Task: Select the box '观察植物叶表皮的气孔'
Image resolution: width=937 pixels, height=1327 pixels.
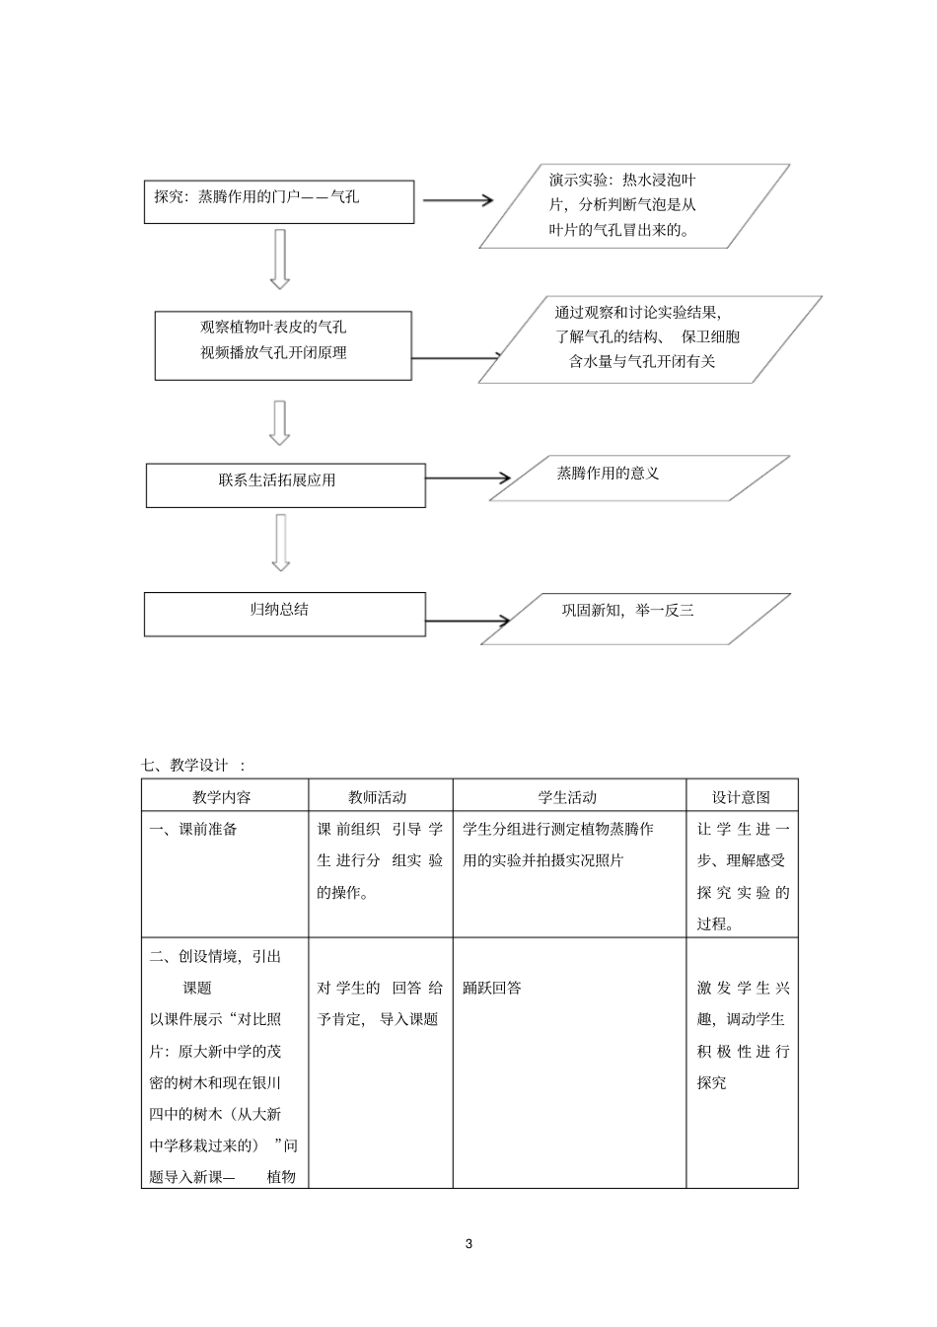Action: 282,345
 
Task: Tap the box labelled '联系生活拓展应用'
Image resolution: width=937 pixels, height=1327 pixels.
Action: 285,485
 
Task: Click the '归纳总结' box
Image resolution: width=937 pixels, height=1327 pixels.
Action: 284,614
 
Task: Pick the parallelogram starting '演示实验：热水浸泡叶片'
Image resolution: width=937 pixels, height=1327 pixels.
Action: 634,205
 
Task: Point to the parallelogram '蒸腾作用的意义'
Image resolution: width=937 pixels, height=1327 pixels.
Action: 639,479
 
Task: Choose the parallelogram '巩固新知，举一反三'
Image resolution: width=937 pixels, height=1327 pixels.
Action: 635,619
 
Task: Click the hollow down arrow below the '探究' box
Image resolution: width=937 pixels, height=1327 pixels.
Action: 280,258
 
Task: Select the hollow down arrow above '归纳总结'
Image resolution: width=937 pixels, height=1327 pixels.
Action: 281,543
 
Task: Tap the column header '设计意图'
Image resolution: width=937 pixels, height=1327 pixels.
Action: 741,797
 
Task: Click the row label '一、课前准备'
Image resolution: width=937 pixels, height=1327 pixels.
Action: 193,829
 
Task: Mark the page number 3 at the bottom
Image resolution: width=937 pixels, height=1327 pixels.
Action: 468,1244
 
